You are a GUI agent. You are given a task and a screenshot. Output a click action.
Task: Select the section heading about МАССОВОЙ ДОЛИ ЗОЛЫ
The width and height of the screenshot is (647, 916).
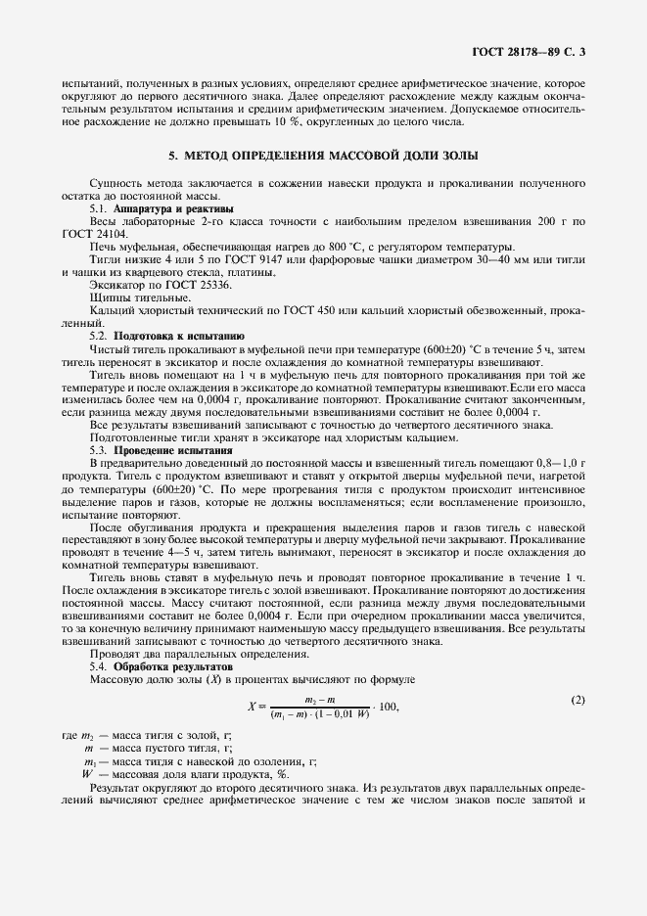[323, 156]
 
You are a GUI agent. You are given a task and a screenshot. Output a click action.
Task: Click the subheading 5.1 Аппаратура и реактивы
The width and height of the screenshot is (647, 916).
[161, 208]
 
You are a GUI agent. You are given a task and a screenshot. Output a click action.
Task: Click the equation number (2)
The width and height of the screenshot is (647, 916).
[578, 700]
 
